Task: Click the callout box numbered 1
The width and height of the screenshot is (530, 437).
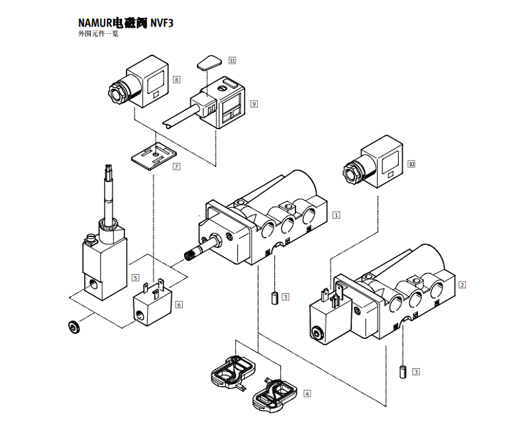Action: point(337,215)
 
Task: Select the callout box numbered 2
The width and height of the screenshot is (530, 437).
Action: point(462,285)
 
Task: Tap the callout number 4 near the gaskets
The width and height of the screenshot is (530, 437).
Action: point(307,393)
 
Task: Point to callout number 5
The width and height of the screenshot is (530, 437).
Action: point(135,278)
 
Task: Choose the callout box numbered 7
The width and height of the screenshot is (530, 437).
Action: point(176,167)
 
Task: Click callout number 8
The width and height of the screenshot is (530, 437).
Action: point(176,79)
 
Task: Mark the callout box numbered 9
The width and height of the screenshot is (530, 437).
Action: point(254,104)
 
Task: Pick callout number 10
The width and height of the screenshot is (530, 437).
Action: point(411,163)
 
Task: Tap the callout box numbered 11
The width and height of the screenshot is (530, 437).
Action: point(232,60)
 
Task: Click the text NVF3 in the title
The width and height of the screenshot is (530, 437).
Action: point(163,23)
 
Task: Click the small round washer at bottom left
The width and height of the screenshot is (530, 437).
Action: point(74,327)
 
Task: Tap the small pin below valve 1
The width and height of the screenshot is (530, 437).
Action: point(272,296)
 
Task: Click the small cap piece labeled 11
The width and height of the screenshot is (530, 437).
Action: point(207,64)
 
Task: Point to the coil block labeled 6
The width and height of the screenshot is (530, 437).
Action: point(152,307)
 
